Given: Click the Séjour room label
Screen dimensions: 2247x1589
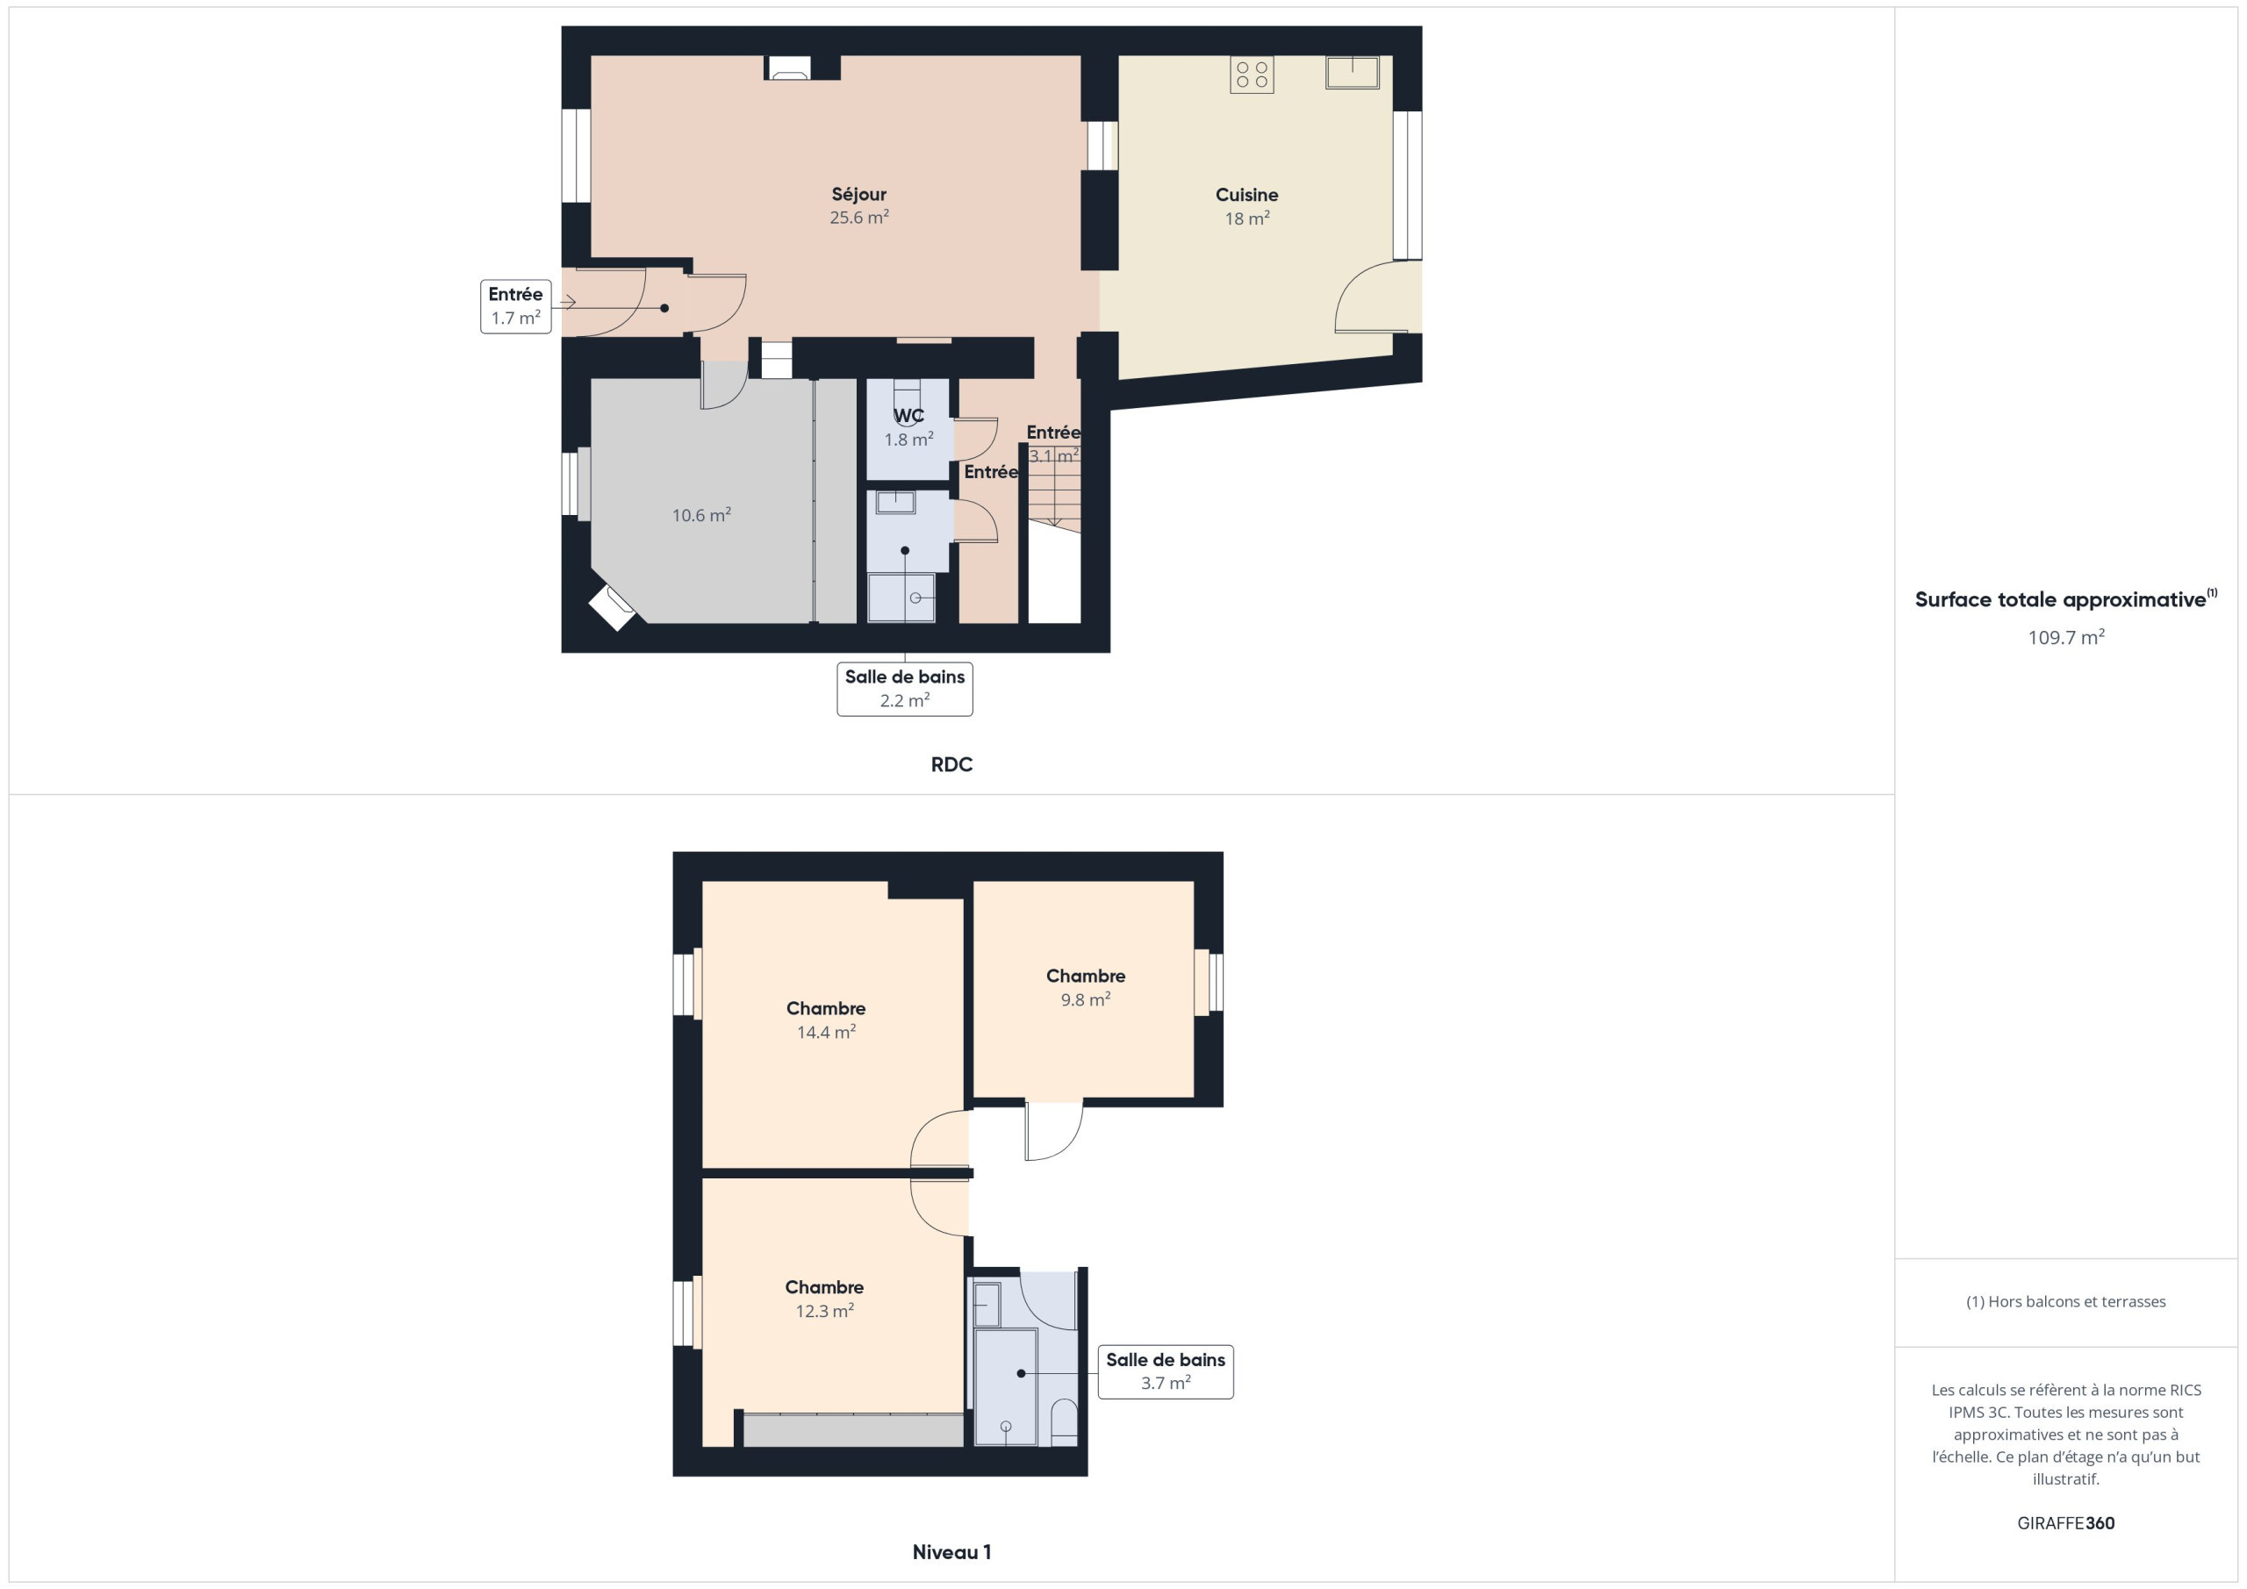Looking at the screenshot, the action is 859,195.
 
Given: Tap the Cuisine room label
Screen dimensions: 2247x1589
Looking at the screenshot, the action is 1246,195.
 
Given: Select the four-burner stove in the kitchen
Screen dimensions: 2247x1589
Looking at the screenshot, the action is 1252,75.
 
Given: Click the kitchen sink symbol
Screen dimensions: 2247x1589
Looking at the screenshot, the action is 1353,73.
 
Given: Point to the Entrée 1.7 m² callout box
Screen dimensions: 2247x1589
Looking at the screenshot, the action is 516,306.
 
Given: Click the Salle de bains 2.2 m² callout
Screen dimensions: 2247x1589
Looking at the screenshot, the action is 904,689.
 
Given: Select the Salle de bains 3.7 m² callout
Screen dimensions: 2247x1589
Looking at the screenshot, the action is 1166,1371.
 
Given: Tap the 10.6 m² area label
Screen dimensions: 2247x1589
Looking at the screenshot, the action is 701,516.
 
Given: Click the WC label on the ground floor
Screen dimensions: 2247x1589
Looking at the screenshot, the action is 909,416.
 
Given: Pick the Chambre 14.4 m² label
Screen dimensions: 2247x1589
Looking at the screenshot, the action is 826,1020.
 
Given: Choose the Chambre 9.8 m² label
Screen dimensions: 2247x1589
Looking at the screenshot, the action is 1086,987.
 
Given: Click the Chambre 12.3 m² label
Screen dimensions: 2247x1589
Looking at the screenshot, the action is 824,1299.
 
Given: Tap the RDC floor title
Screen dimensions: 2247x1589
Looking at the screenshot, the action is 951,764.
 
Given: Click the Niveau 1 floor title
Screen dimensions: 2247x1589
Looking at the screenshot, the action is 951,1552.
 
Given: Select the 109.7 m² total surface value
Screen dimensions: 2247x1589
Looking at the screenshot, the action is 2066,637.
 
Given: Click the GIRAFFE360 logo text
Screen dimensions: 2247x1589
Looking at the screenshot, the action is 2066,1523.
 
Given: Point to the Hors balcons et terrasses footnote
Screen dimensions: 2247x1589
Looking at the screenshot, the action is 2066,1301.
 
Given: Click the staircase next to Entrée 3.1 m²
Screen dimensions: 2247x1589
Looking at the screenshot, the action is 1054,486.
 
